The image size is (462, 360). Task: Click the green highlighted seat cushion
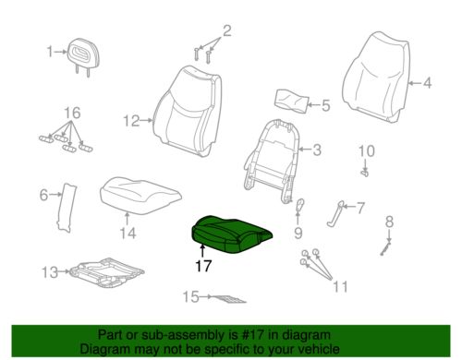click(x=231, y=234)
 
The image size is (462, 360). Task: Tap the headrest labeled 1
click(x=82, y=55)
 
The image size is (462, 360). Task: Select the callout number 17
click(x=203, y=266)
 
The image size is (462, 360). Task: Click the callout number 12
click(x=131, y=121)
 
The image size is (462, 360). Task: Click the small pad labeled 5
click(x=291, y=101)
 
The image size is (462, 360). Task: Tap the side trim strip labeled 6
click(x=67, y=207)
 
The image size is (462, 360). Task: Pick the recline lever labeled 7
click(x=335, y=214)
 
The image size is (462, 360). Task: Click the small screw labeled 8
click(x=385, y=247)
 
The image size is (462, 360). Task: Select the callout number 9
click(x=298, y=233)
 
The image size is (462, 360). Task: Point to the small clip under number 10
click(x=365, y=174)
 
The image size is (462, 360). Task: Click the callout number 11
click(x=340, y=287)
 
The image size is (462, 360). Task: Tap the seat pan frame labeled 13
click(x=106, y=273)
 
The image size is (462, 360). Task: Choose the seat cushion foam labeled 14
click(x=140, y=196)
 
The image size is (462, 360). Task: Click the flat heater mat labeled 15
click(x=228, y=298)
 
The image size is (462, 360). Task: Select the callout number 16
click(x=72, y=113)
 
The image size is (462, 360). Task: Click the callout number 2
click(x=226, y=30)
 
